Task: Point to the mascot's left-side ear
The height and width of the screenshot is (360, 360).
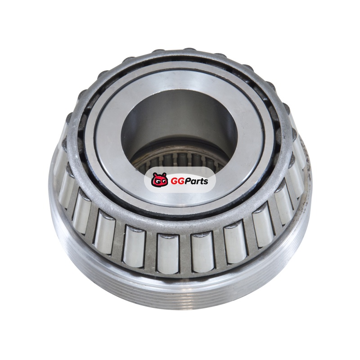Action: (x=154, y=174)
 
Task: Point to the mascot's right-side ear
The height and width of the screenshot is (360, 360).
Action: (x=164, y=175)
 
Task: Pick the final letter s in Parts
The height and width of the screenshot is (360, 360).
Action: (x=206, y=182)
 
